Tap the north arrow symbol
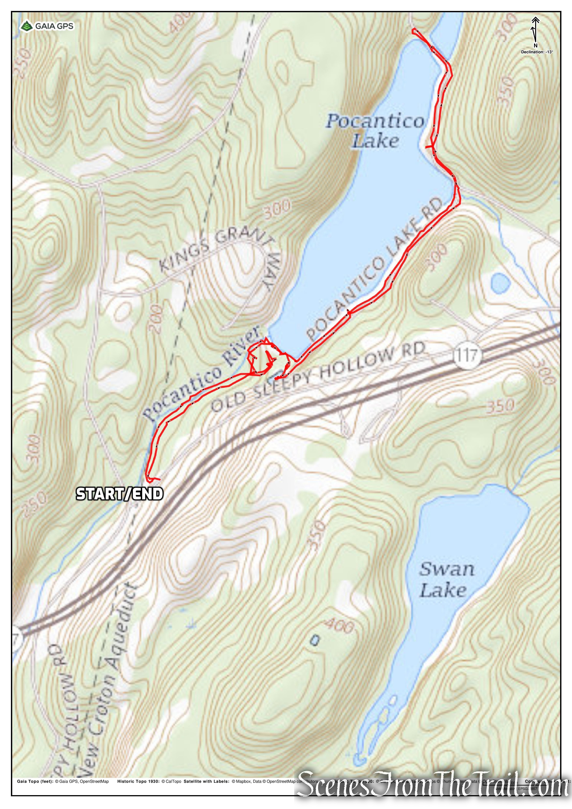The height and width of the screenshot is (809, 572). [x=535, y=30]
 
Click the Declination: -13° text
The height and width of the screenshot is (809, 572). [x=537, y=52]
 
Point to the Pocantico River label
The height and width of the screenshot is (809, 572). [x=203, y=373]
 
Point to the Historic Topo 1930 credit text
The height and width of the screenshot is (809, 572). [x=149, y=781]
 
